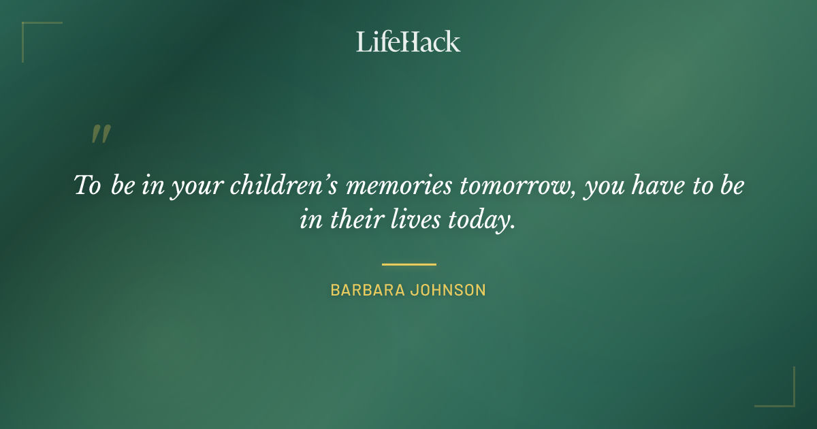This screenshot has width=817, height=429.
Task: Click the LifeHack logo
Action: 408,42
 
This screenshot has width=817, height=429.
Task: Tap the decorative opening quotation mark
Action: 101,134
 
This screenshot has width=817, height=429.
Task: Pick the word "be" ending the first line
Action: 731,186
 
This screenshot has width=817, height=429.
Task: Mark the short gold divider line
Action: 408,264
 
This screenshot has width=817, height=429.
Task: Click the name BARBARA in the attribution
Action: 367,290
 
